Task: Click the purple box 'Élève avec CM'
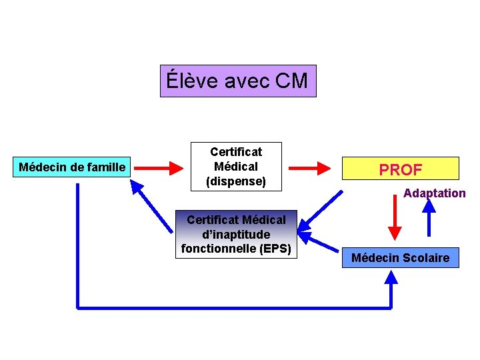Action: (238, 81)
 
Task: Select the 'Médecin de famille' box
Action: (72, 167)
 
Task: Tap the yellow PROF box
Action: (401, 169)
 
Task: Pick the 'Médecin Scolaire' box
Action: (400, 257)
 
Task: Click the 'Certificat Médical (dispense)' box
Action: (236, 167)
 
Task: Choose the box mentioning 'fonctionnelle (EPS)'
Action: (236, 235)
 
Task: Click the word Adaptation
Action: (434, 193)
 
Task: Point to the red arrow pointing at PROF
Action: (317, 167)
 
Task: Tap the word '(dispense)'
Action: (236, 181)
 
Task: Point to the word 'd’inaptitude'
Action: (236, 235)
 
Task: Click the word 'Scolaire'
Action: (425, 258)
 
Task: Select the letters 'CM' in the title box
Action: (291, 81)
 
